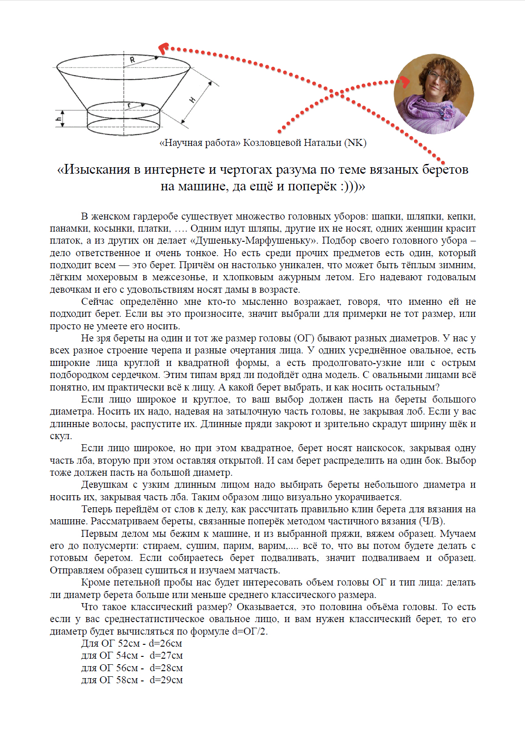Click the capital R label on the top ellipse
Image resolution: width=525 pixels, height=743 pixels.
click(132, 60)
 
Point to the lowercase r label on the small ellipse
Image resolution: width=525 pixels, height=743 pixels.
click(129, 106)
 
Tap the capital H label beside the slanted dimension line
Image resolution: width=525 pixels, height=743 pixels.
click(192, 100)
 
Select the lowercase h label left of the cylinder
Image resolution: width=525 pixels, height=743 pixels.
click(58, 119)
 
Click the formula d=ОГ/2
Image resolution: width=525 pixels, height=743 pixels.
click(249, 631)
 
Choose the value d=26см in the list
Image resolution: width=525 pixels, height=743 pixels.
click(165, 643)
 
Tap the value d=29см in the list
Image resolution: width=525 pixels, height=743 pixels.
click(166, 680)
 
